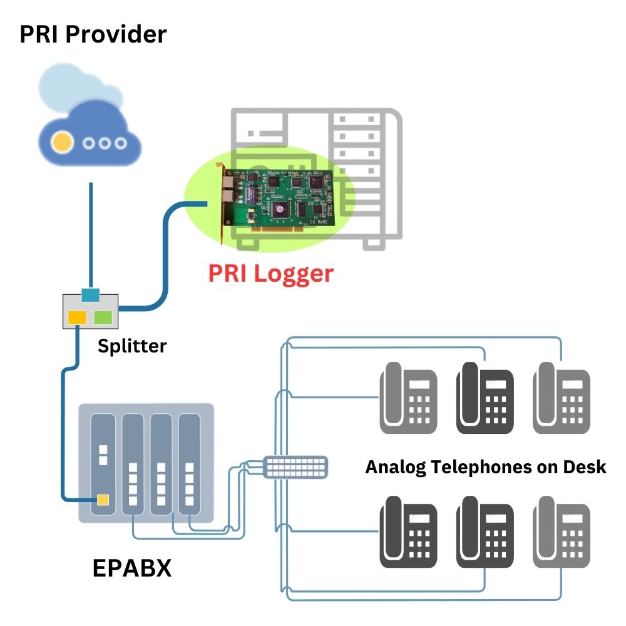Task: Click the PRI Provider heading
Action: [93, 34]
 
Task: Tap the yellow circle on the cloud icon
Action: [61, 143]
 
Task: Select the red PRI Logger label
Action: [270, 274]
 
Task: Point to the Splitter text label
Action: [132, 346]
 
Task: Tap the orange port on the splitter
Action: [77, 317]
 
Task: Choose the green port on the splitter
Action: [103, 317]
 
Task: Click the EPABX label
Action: [132, 568]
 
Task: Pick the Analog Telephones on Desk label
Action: [486, 467]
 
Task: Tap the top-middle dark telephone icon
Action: [485, 399]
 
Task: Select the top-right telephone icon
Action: [562, 399]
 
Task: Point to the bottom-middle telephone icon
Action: [485, 532]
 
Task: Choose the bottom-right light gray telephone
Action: [562, 532]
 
